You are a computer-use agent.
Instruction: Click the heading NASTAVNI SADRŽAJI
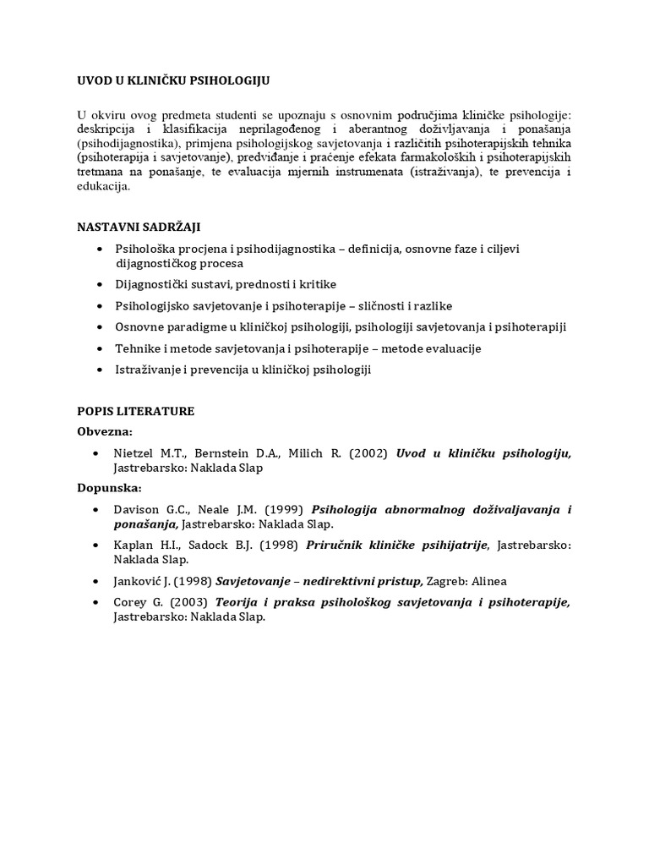point(139,227)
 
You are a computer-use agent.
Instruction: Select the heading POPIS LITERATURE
point(135,411)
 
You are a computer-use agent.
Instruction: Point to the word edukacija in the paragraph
point(103,187)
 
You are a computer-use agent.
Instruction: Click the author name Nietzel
point(135,453)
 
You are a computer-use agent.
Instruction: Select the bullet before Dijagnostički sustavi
point(101,284)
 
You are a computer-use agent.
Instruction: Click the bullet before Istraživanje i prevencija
point(101,370)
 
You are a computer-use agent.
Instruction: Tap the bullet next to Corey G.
point(101,602)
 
